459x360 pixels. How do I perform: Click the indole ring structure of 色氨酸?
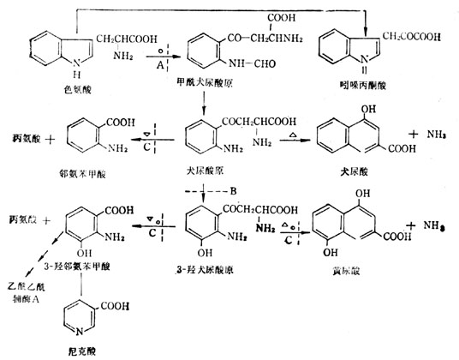point(40,53)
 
